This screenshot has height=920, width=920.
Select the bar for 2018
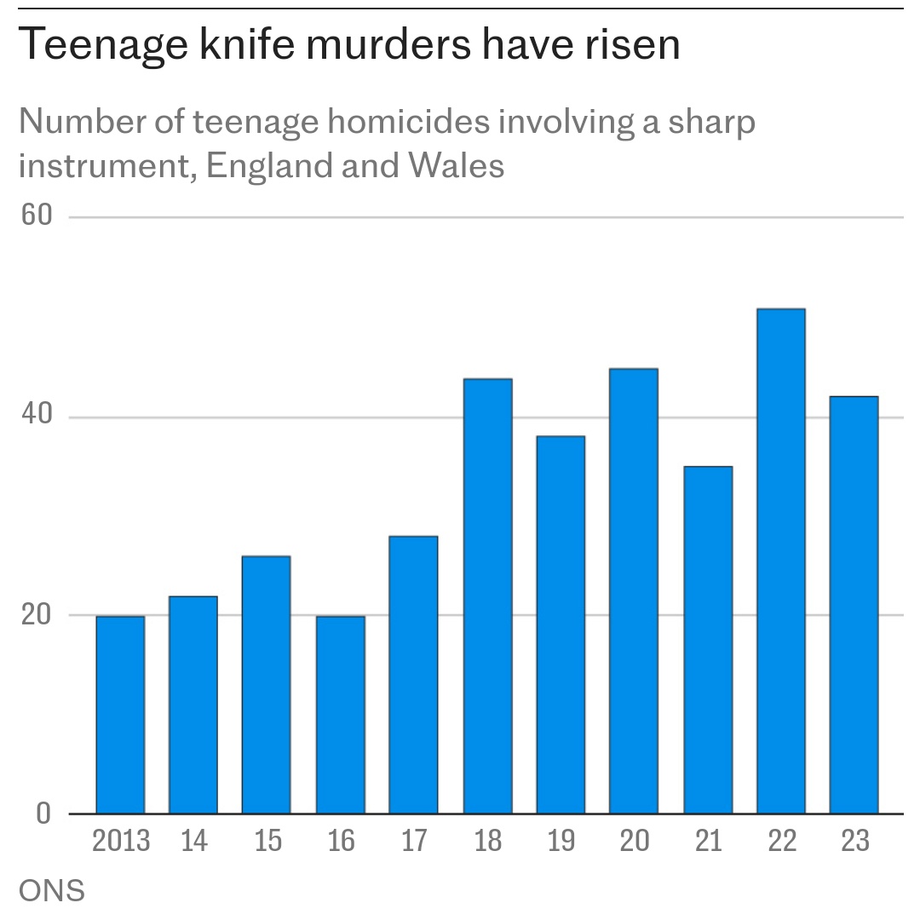(487, 596)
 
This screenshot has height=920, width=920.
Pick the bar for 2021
(708, 640)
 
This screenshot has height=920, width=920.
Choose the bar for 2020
(634, 591)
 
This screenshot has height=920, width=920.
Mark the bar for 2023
(854, 605)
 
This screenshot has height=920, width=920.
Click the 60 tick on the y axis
(37, 216)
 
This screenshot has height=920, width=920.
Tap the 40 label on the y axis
(37, 416)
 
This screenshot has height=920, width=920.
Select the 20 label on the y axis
(37, 614)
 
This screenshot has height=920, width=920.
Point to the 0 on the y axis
(43, 814)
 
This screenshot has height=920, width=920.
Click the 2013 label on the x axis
(121, 842)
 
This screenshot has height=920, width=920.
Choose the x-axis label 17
(414, 842)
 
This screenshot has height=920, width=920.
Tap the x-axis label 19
(561, 842)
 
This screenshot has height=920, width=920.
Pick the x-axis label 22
(781, 842)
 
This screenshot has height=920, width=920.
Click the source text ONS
(52, 891)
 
